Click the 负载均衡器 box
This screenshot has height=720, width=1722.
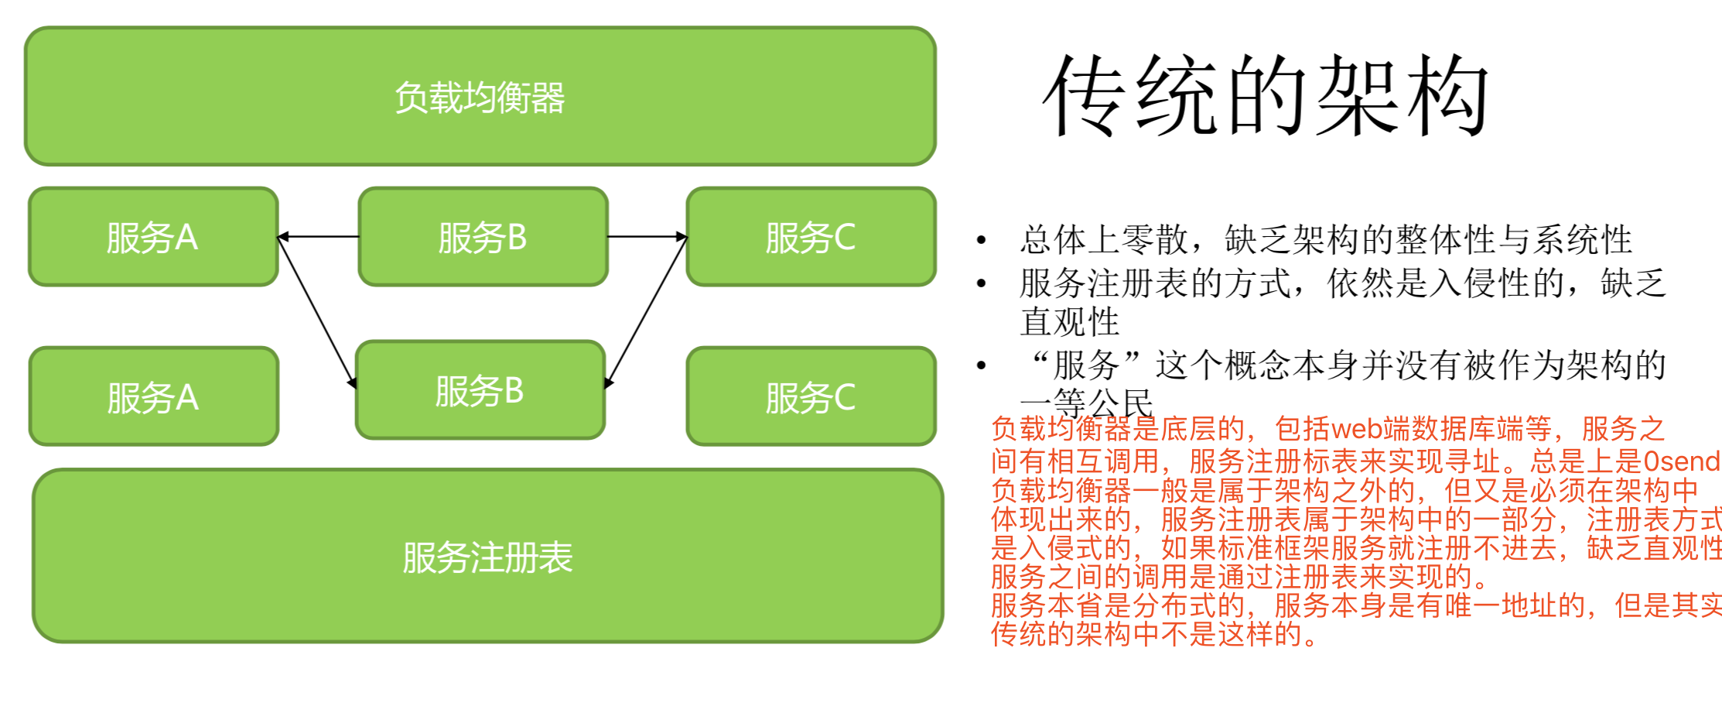(480, 97)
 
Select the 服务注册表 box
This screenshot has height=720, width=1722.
(487, 556)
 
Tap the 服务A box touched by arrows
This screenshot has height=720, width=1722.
(153, 237)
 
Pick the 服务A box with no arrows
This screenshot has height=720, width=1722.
(153, 396)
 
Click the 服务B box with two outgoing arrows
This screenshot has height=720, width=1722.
(483, 237)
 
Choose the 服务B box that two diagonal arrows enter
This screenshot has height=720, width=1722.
(480, 390)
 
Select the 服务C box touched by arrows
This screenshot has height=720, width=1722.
(811, 237)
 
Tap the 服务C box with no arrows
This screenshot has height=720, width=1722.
(811, 396)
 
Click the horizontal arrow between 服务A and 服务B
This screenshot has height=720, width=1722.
(318, 236)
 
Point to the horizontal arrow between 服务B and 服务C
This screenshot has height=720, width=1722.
(647, 236)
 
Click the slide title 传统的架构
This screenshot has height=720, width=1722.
(1266, 97)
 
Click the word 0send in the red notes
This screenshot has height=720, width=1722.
(1680, 461)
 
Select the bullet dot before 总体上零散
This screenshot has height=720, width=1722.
(981, 240)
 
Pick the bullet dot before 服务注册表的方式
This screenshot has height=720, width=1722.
(981, 283)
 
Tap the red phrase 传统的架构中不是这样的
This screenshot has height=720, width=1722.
(1153, 634)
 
